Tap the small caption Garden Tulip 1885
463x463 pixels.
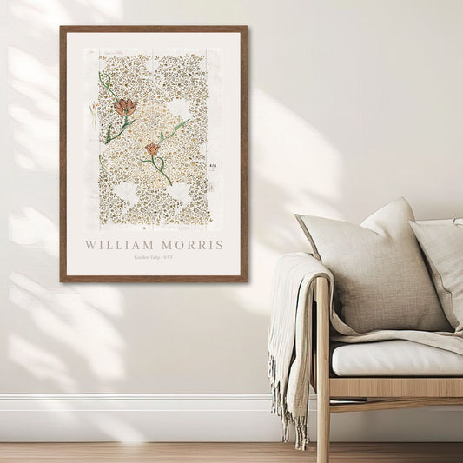[x=154, y=258]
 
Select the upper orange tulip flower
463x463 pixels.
[x=125, y=107]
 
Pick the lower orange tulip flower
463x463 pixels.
[x=152, y=149]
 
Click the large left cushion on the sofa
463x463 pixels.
[x=374, y=269]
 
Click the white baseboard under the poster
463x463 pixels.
[x=130, y=417]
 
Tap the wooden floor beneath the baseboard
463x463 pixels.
[x=130, y=452]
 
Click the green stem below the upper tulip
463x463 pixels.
[x=113, y=130]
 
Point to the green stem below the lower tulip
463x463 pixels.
[x=162, y=169]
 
